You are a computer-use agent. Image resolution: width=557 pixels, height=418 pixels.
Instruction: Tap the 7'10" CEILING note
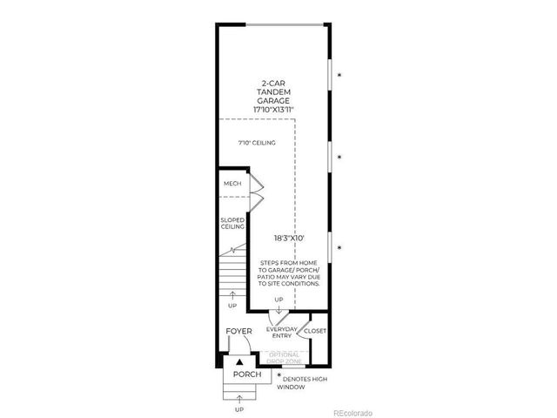[258, 143]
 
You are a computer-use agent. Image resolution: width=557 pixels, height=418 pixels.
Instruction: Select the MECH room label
[232, 184]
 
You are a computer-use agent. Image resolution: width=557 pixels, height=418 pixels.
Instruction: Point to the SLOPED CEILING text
[232, 223]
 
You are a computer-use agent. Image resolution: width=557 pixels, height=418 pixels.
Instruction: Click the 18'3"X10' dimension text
[288, 237]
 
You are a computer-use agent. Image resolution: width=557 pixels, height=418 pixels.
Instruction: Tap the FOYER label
[238, 331]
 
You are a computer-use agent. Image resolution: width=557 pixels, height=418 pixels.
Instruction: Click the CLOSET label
[315, 331]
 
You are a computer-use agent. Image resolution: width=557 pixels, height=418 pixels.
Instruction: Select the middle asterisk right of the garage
[339, 158]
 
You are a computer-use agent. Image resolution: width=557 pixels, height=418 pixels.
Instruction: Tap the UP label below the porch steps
[238, 408]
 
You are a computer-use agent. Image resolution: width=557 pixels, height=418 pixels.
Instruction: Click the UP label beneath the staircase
[232, 306]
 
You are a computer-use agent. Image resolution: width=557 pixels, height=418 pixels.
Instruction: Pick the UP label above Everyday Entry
[278, 300]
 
